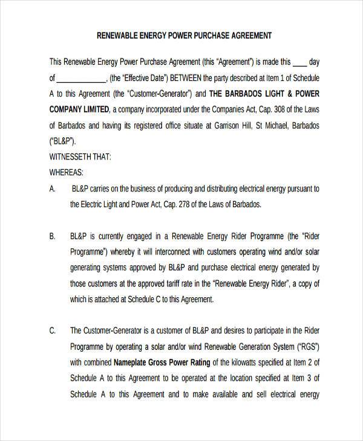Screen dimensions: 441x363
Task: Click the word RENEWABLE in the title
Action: (118, 36)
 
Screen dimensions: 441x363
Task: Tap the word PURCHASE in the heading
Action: (211, 36)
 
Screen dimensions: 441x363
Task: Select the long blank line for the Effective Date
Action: (81, 79)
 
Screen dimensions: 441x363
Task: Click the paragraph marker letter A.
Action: (53, 189)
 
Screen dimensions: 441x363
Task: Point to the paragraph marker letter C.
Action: (53, 330)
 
